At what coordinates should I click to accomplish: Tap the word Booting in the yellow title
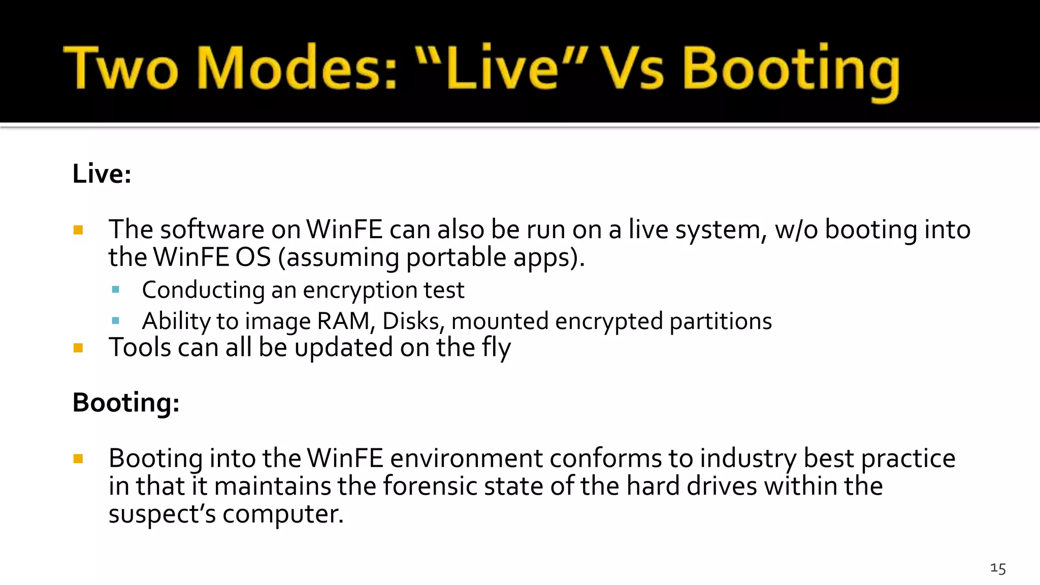791,71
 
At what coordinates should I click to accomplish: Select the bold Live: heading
102,174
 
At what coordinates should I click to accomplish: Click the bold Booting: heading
126,403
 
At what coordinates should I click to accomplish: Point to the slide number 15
998,568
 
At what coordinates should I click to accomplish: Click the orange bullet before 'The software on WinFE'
78,230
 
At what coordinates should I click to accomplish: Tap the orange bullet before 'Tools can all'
78,348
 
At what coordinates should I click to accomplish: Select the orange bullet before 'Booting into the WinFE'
78,459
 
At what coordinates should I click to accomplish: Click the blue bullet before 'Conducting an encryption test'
116,290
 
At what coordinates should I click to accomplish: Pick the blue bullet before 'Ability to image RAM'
116,321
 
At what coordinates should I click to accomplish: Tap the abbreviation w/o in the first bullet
796,230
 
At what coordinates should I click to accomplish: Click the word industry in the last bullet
749,459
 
